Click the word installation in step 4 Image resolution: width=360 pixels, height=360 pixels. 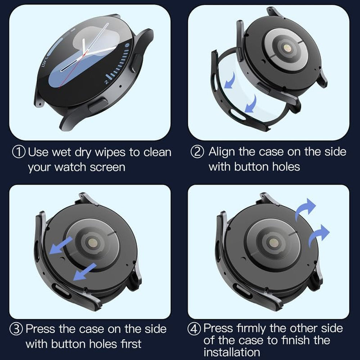231,351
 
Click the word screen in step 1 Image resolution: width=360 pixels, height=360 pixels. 108,167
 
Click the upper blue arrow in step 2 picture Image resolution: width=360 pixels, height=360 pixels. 230,80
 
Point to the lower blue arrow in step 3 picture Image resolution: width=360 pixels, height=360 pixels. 85,272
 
